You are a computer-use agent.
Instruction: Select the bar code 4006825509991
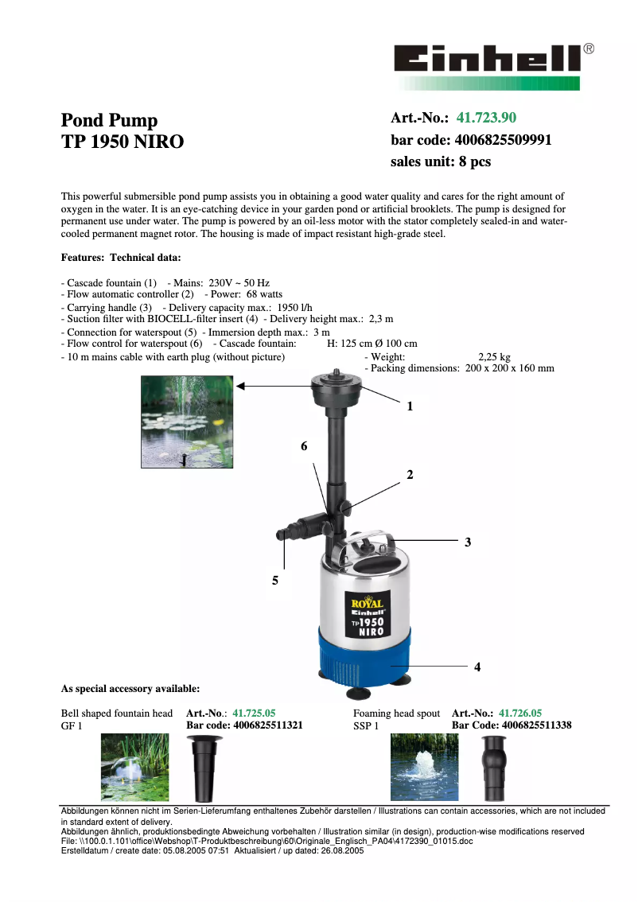[503, 140]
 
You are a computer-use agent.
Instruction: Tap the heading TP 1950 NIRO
[123, 142]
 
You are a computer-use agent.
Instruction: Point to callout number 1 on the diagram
[410, 406]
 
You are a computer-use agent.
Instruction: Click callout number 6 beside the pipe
[304, 447]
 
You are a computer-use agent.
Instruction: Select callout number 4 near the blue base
[477, 667]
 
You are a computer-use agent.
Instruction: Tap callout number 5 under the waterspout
[274, 581]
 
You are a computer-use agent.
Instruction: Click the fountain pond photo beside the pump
[187, 422]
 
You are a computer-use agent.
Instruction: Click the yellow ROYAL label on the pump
[368, 604]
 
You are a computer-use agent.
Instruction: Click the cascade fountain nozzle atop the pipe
[337, 389]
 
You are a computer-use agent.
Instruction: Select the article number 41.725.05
[254, 713]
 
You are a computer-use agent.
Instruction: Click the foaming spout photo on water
[424, 767]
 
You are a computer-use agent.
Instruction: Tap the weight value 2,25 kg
[494, 357]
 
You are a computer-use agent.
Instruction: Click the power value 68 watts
[258, 294]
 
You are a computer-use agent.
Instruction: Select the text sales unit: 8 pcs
[441, 161]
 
